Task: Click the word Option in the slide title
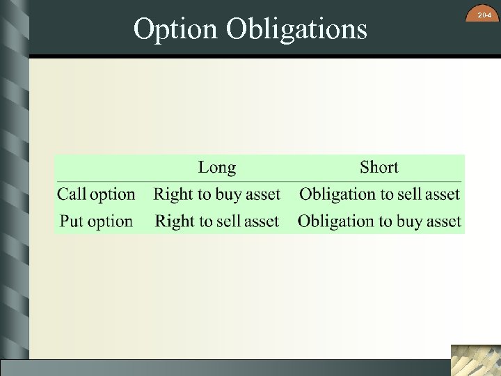pos(176,29)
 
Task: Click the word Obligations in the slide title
pos(296,29)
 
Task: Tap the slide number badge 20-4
pos(484,15)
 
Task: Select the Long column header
pos(216,167)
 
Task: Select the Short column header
pos(379,167)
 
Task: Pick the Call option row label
pos(96,194)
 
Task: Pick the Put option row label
pos(96,221)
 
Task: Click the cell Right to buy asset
pos(216,194)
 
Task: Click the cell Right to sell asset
pos(216,221)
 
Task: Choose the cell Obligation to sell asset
pos(379,194)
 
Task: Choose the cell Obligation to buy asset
pos(379,221)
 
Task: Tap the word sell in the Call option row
pos(411,194)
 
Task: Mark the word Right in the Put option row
pos(175,221)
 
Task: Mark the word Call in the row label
pos(72,194)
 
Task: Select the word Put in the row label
pos(72,221)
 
